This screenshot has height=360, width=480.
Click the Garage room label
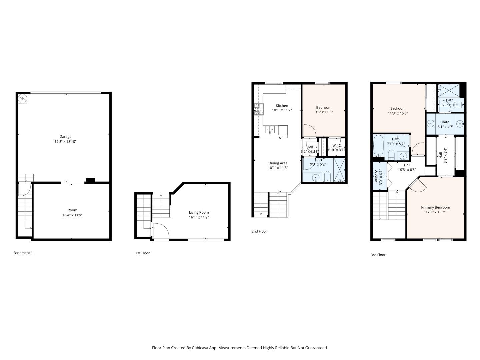(x=65, y=136)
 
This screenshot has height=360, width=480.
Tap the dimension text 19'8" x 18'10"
(x=65, y=142)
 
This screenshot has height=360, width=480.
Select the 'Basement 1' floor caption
(x=23, y=253)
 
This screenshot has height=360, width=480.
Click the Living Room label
(x=199, y=212)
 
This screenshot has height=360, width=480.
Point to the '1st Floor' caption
(x=142, y=253)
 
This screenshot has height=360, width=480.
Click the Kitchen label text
(x=282, y=106)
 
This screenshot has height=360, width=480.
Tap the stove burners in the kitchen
(x=258, y=109)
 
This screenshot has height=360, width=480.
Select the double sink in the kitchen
(x=270, y=129)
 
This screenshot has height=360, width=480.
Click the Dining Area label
(x=278, y=163)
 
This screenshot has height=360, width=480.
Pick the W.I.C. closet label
(x=336, y=145)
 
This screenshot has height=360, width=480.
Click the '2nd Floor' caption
(x=259, y=231)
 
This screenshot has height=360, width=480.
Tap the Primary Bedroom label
(x=435, y=207)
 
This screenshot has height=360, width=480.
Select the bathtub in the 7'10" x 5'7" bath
(x=378, y=146)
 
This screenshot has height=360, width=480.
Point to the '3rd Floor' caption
(x=378, y=255)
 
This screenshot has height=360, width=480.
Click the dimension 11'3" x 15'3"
(x=398, y=113)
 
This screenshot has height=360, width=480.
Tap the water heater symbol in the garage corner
(x=23, y=99)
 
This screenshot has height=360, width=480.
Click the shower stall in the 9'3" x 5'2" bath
(x=340, y=170)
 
